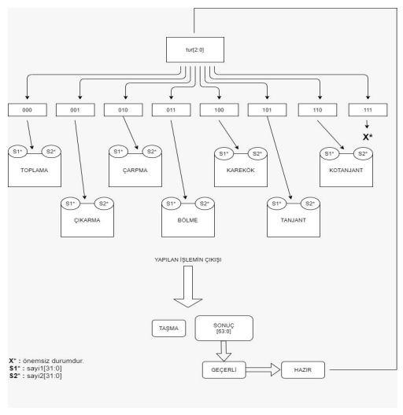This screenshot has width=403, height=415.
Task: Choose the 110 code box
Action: [x=316, y=109]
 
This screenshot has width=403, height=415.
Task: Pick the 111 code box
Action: [x=368, y=109]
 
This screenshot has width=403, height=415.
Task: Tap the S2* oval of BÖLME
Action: [x=204, y=204]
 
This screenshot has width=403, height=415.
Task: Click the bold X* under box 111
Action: [x=368, y=137]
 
